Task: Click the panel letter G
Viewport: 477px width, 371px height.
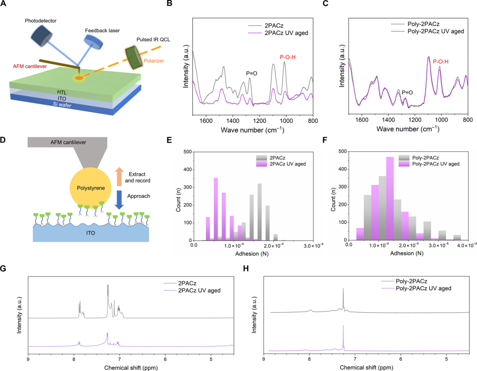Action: coord(4,269)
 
